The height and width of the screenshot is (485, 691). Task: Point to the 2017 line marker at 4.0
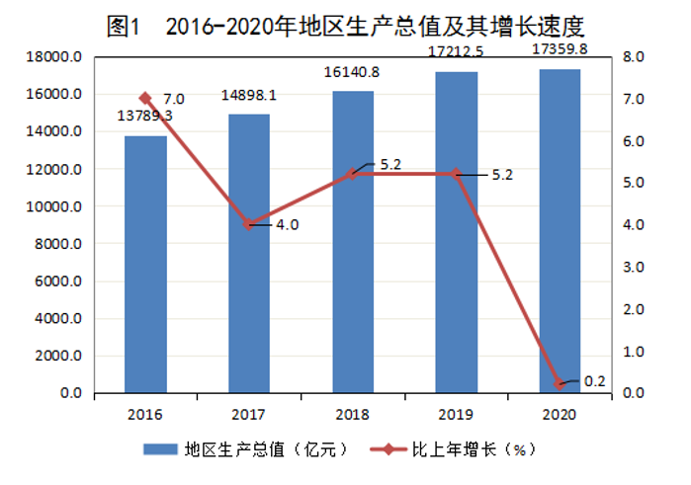(249, 224)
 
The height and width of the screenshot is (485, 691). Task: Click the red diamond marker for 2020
(560, 383)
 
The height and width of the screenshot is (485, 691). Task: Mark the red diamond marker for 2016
(145, 99)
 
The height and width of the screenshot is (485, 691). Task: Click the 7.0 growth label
(174, 99)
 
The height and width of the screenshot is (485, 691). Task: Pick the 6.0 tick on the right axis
(634, 141)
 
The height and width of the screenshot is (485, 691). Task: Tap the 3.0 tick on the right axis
(634, 268)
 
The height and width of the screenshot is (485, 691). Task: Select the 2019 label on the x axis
(456, 413)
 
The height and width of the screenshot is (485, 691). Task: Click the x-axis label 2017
(248, 413)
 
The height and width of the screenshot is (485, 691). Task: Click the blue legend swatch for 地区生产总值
(159, 449)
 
